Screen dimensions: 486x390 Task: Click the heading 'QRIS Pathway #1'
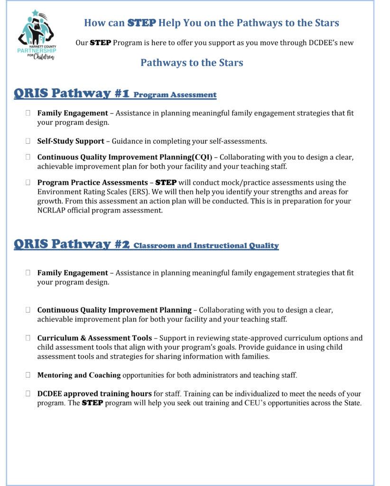click(x=72, y=93)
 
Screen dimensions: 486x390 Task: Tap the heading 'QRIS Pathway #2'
click(x=72, y=244)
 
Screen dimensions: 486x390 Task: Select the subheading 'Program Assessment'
click(x=175, y=95)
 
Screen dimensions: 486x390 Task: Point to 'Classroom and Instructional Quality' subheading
click(x=206, y=246)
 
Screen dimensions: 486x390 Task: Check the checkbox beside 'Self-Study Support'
click(x=28, y=141)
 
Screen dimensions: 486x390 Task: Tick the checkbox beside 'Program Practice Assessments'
click(x=28, y=182)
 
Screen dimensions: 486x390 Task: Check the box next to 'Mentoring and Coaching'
click(x=28, y=375)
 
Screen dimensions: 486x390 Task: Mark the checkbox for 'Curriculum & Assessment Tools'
click(x=28, y=338)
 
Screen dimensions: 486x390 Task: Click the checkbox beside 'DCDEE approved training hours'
click(x=28, y=394)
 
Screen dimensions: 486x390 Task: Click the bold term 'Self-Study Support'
click(x=71, y=141)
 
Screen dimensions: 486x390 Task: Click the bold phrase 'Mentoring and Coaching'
click(x=79, y=375)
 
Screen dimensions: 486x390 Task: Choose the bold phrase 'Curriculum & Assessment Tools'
click(x=94, y=338)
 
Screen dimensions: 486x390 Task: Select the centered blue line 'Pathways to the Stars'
click(x=192, y=63)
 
